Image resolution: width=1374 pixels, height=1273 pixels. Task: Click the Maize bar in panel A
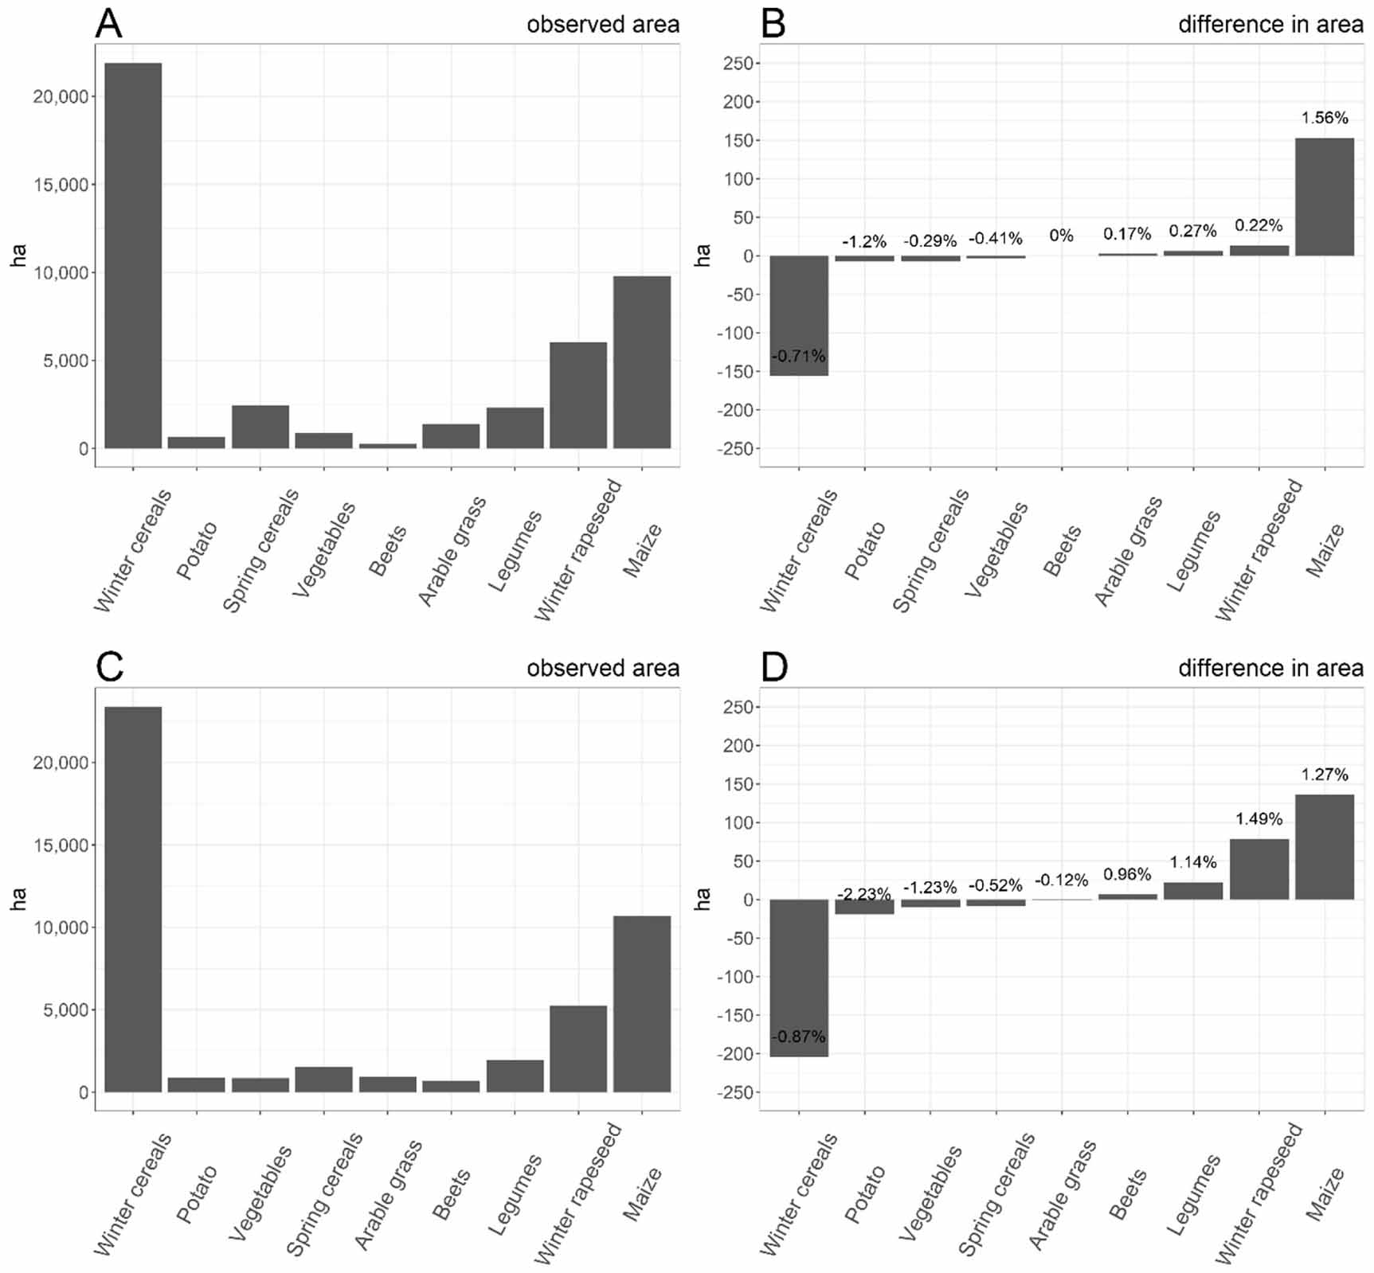coord(642,362)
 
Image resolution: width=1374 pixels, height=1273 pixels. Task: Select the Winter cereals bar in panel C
coord(133,899)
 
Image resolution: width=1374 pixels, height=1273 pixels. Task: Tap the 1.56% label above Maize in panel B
coord(1325,118)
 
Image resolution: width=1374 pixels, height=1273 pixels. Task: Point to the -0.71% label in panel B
coord(798,356)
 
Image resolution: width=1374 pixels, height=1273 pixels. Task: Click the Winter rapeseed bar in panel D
coord(1259,869)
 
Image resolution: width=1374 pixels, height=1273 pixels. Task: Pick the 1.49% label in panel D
coord(1259,818)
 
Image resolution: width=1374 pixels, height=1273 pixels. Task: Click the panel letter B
coord(773,24)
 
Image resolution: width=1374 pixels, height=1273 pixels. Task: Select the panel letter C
coord(109,667)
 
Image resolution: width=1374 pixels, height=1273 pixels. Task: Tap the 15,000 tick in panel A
coord(61,185)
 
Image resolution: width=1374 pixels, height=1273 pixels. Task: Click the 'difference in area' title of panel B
coord(1270,25)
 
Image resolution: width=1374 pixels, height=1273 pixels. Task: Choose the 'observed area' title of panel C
coord(603,668)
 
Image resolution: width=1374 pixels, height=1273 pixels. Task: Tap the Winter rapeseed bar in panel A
coord(578,395)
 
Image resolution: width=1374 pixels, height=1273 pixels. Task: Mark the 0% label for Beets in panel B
coord(1061,236)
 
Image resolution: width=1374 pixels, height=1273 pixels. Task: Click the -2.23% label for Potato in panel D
coord(863,894)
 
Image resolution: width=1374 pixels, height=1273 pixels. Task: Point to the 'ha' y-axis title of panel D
coord(702,899)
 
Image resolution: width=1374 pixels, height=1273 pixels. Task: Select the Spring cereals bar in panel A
coord(260,427)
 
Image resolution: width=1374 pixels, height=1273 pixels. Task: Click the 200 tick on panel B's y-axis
coord(738,102)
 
